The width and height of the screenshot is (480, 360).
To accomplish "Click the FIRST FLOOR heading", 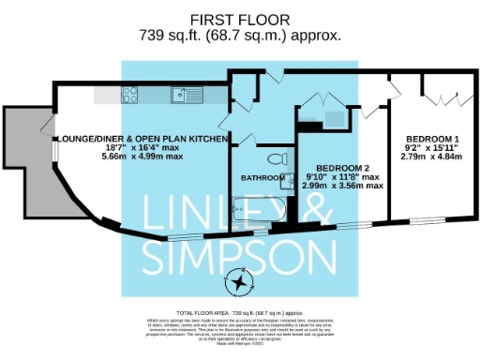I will [x=239, y=19].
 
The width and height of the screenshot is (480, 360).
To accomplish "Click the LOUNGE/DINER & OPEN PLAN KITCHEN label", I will [x=142, y=139].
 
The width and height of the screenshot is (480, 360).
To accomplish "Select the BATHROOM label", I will [x=262, y=177].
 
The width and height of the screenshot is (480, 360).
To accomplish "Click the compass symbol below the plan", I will [x=241, y=282].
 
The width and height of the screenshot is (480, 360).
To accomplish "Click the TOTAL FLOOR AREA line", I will [x=240, y=310].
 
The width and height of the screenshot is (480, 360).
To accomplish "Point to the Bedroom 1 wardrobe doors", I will [x=437, y=94].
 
